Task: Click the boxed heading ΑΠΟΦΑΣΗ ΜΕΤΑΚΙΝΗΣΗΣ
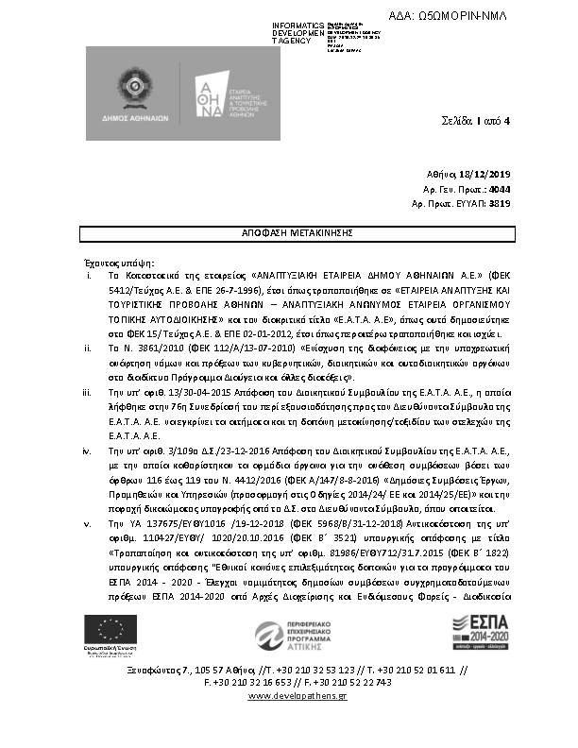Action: (x=287, y=231)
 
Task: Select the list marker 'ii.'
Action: (x=88, y=348)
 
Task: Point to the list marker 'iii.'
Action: (x=88, y=390)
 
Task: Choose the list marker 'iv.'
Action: (x=88, y=450)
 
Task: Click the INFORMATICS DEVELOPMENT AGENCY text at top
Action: (x=298, y=33)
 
